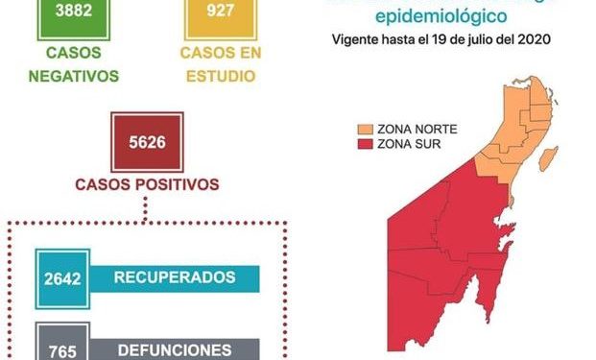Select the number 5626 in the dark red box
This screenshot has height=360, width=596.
pos(147,143)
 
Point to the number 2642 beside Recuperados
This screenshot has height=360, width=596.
pos(62,277)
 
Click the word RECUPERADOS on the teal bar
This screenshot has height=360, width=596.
pos(175,277)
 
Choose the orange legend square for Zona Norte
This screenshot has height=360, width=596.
pos(366,129)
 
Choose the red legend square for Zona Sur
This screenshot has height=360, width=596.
pos(366,144)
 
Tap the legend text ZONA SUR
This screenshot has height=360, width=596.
pos(405,144)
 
